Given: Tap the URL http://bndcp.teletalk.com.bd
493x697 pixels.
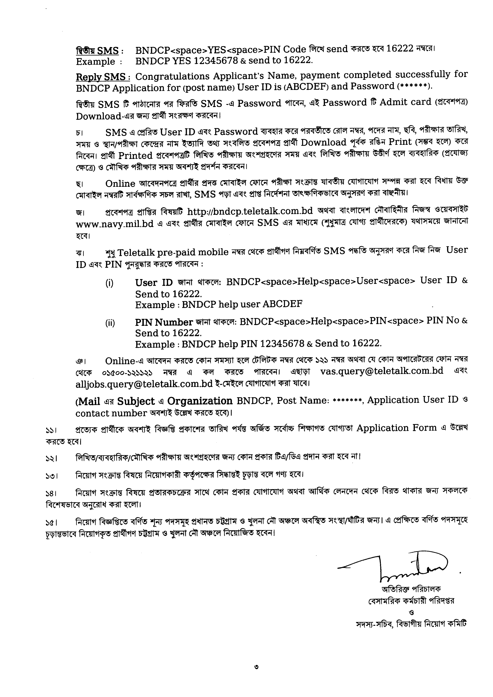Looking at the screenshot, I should pos(250,211).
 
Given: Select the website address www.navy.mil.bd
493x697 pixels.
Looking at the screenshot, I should pos(115,224).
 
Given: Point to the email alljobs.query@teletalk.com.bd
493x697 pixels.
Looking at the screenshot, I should pos(144,384).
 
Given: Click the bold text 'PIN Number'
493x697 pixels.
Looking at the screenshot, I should pos(164,322).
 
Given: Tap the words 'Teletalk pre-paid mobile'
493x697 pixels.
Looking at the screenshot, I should pos(173,252).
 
